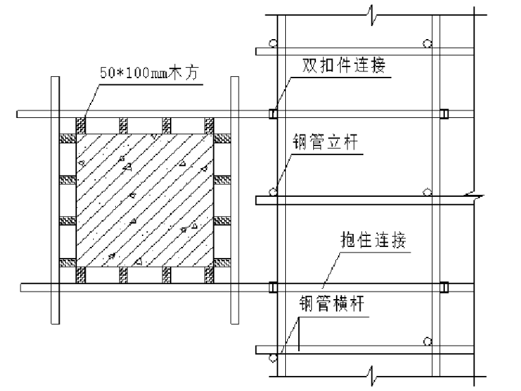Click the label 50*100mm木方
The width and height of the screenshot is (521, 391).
(149, 72)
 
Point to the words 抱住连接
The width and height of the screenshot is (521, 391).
(374, 241)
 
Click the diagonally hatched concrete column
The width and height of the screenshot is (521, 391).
(143, 200)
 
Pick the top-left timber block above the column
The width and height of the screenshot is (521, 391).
(81, 125)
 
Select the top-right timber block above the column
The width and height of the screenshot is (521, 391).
(208, 125)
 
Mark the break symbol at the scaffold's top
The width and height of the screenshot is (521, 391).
(371, 12)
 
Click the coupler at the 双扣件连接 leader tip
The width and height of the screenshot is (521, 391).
(273, 114)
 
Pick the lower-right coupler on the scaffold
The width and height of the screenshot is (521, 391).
(444, 287)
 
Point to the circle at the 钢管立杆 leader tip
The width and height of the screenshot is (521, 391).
(273, 191)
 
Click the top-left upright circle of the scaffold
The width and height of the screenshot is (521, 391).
(273, 43)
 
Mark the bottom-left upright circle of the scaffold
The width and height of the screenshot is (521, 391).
(273, 357)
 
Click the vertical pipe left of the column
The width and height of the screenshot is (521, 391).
(53, 199)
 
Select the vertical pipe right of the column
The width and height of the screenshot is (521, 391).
(234, 199)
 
